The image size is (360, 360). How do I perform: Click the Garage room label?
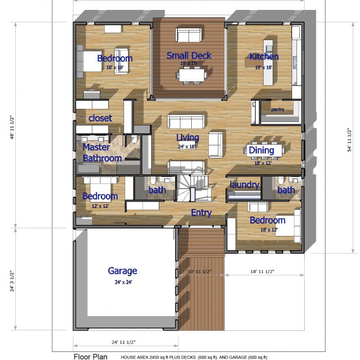coord(122,271)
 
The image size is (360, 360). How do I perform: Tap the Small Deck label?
coord(189,56)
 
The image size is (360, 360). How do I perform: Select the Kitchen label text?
coord(264,57)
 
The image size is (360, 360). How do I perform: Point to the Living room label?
coord(187,137)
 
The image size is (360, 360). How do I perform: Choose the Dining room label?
coord(261,150)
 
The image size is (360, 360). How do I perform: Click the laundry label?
coord(244,185)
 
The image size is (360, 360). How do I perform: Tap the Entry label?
coord(201,213)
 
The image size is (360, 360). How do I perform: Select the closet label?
coord(100,118)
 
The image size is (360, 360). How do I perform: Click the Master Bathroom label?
coord(102,153)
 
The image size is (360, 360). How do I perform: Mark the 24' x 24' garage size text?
coord(122,282)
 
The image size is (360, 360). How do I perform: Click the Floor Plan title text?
coord(90,357)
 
